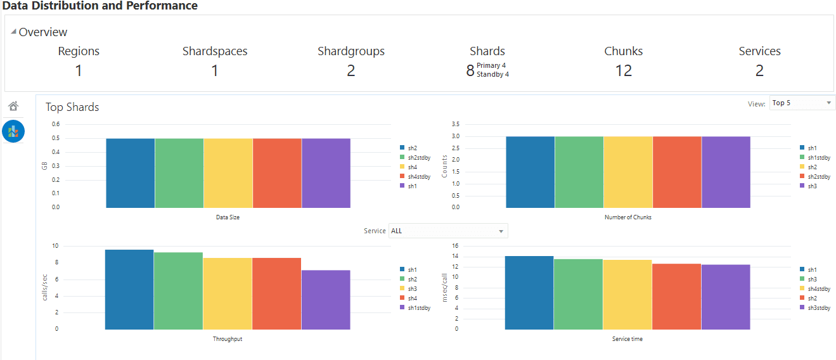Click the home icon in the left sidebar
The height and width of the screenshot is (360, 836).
[13, 106]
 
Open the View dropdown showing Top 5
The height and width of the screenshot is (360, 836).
[802, 103]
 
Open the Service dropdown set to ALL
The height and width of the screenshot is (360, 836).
[447, 231]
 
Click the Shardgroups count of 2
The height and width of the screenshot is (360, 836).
[350, 71]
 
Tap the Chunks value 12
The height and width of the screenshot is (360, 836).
[623, 71]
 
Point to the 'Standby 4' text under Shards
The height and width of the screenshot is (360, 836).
[492, 74]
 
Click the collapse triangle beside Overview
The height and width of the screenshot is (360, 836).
[14, 32]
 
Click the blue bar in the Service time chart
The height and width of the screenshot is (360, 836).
[529, 292]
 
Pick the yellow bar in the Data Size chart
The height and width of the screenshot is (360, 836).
[228, 172]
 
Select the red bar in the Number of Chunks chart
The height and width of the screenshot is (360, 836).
[677, 172]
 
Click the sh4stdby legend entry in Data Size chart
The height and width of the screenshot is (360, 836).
[418, 176]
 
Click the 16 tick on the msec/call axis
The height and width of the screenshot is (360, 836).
[473, 246]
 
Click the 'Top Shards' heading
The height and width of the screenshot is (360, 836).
[72, 107]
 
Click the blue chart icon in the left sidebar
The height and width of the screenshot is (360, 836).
[13, 131]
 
